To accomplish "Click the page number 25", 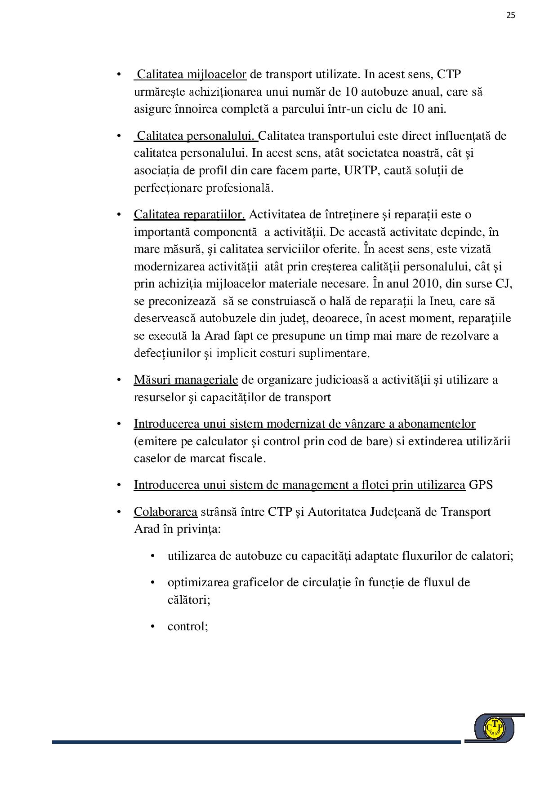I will (511, 15).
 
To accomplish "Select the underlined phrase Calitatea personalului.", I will (196, 136).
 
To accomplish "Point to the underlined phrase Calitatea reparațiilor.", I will (189, 214).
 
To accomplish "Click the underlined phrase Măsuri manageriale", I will (186, 380).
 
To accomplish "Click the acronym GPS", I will (481, 485).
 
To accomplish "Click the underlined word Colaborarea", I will (165, 512).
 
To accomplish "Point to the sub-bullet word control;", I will (187, 626).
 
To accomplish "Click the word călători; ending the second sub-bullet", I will (189, 600).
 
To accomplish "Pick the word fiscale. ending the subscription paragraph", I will (246, 459).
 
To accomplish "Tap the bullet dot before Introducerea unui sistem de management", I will (119, 485).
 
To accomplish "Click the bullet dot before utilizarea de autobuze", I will (153, 556).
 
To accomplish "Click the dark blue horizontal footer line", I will (256, 742).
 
